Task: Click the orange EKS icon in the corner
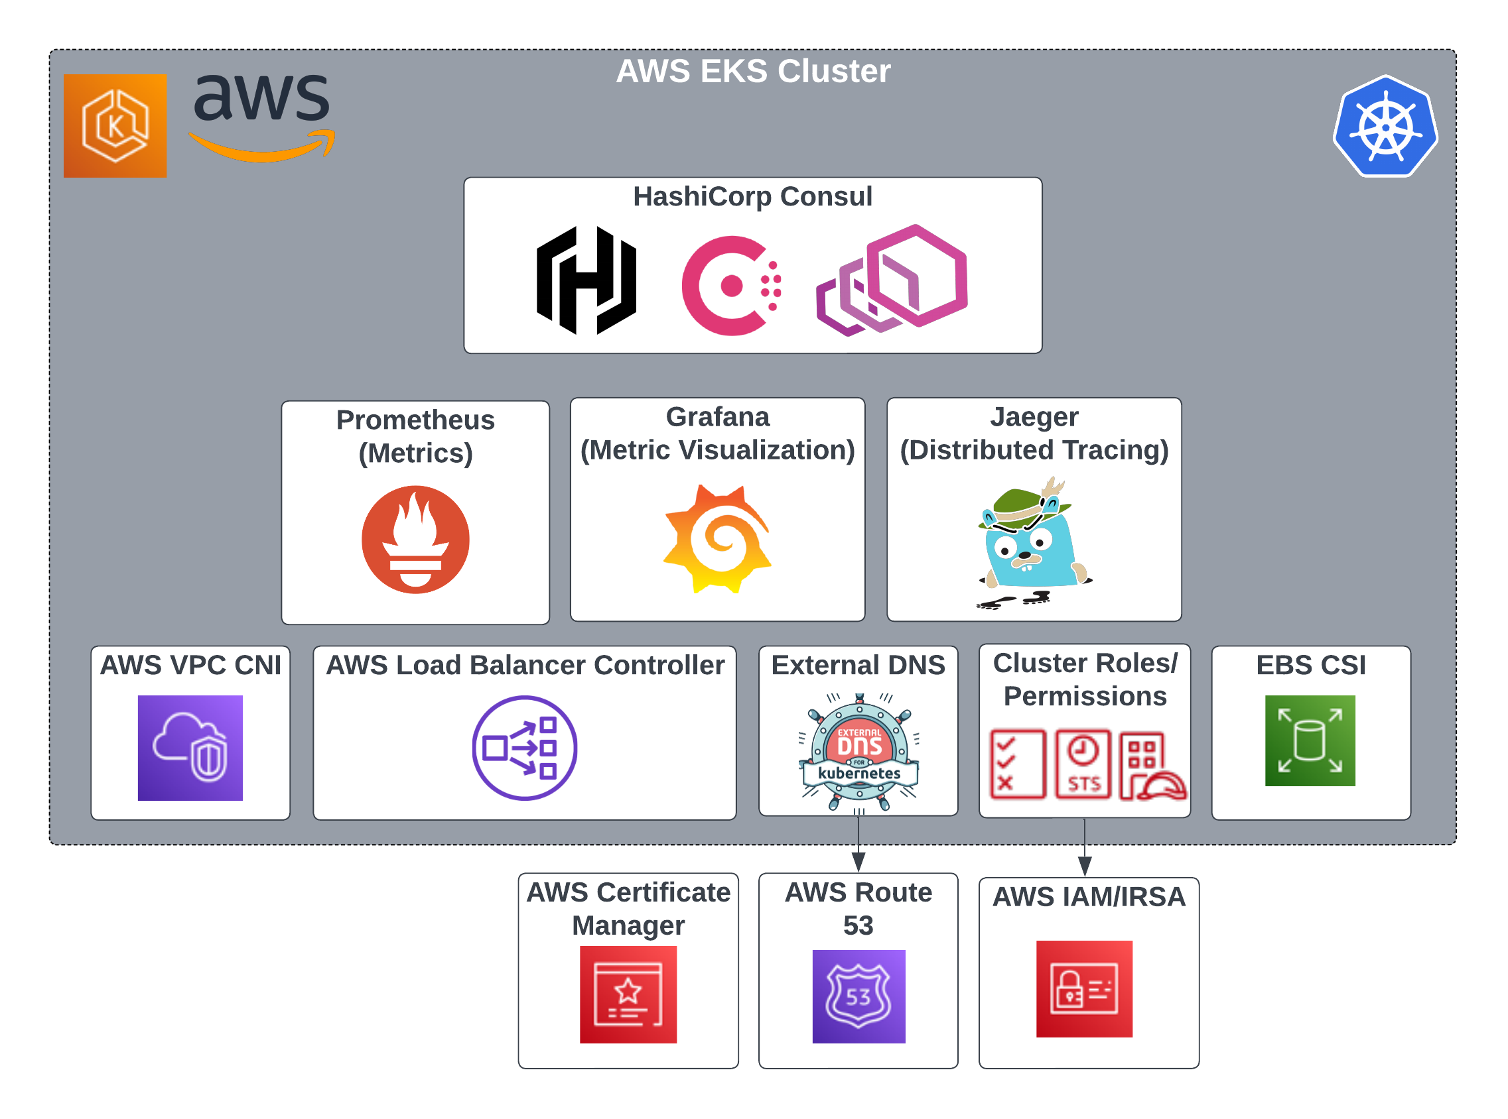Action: click(x=115, y=126)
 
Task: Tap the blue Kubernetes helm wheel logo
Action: click(x=1385, y=127)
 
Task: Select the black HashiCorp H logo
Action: click(x=586, y=280)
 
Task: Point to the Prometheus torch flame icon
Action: click(x=415, y=540)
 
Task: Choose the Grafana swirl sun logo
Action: click(x=718, y=539)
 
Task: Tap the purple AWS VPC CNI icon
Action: click(x=190, y=748)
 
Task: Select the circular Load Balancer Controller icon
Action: click(x=524, y=748)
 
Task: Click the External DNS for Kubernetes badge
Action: click(x=858, y=752)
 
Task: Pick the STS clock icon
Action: click(x=1083, y=764)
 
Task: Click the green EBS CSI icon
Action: click(x=1310, y=741)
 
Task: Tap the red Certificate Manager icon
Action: click(x=628, y=994)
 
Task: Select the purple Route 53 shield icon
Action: click(x=858, y=996)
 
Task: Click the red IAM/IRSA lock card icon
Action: click(x=1083, y=989)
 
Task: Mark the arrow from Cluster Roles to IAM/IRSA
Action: click(x=1085, y=848)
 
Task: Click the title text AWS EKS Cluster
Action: click(x=753, y=71)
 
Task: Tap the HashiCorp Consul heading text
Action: click(x=752, y=196)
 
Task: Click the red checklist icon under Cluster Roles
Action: click(x=1016, y=764)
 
